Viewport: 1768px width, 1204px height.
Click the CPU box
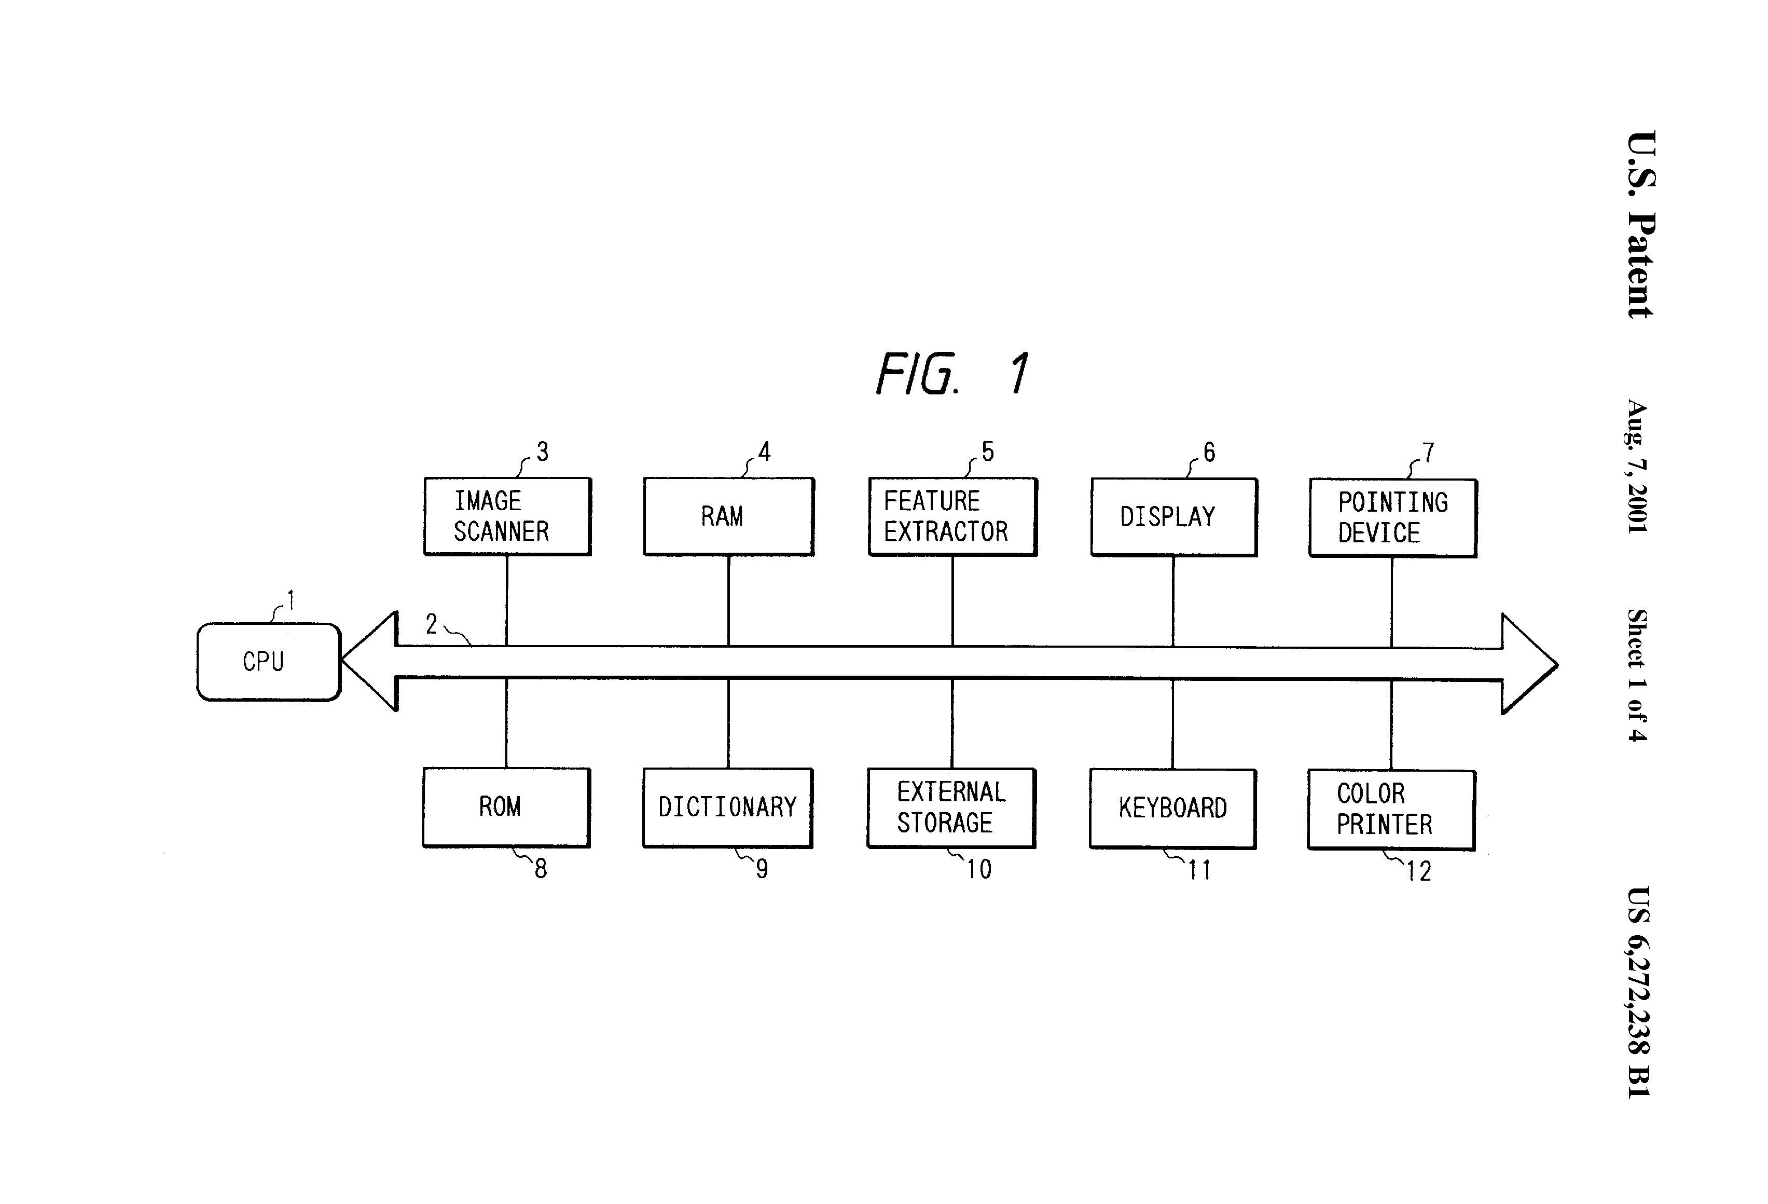(269, 661)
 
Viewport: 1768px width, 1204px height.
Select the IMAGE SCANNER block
(507, 516)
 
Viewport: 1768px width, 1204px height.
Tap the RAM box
(729, 516)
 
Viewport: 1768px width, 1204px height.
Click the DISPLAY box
(1174, 517)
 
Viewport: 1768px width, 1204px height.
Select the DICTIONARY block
(728, 808)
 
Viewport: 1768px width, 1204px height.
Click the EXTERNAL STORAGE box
(952, 808)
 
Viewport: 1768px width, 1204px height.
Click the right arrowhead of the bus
(1529, 664)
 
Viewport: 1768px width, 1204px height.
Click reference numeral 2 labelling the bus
(431, 624)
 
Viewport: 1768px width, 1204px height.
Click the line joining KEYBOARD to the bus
(1172, 724)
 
